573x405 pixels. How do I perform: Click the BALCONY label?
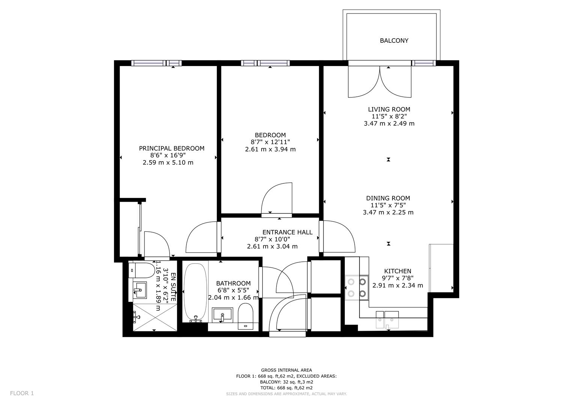click(394, 40)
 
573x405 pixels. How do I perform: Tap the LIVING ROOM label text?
click(389, 109)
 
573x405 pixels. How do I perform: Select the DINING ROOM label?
click(388, 198)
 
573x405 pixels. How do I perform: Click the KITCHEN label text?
click(397, 271)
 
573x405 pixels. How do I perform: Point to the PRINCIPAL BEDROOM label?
click(171, 148)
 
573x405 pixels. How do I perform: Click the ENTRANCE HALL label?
click(287, 232)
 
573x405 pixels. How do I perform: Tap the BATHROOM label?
click(233, 283)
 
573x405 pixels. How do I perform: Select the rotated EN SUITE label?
click(173, 287)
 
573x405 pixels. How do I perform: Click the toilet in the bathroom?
click(246, 316)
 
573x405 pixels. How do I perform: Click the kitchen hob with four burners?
click(356, 288)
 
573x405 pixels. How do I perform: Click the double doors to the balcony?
click(380, 81)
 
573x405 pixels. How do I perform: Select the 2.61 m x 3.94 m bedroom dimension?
click(270, 149)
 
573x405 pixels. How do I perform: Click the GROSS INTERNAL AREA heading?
click(286, 370)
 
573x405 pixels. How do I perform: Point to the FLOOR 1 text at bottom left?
click(22, 393)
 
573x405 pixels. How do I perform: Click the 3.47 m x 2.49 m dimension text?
click(389, 123)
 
